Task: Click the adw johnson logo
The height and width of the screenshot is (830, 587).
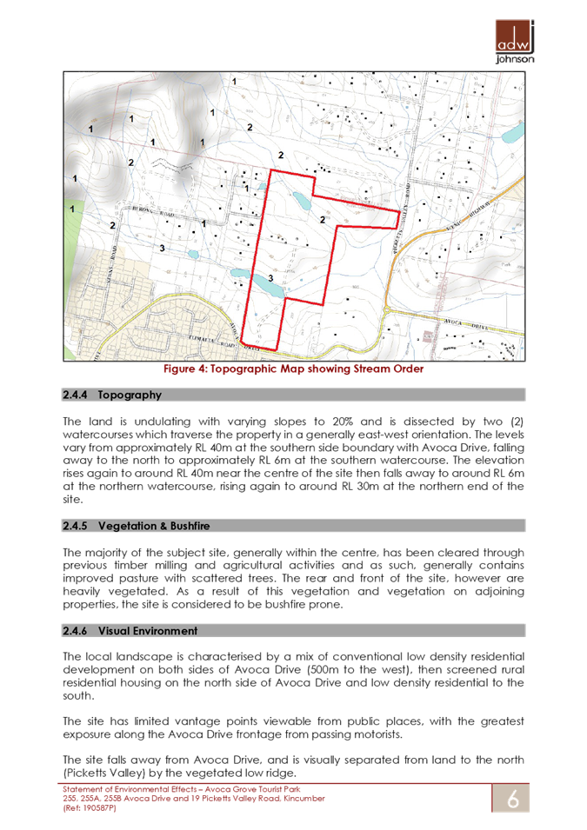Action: pyautogui.click(x=514, y=41)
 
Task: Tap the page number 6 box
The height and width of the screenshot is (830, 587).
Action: pyautogui.click(x=512, y=798)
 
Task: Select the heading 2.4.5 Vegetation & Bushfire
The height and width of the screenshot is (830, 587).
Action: pyautogui.click(x=148, y=526)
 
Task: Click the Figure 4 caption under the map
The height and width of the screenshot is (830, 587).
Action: pyautogui.click(x=293, y=369)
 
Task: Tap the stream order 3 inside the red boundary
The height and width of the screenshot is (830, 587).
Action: pyautogui.click(x=270, y=277)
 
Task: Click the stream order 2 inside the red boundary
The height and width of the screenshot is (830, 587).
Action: pyautogui.click(x=323, y=218)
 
